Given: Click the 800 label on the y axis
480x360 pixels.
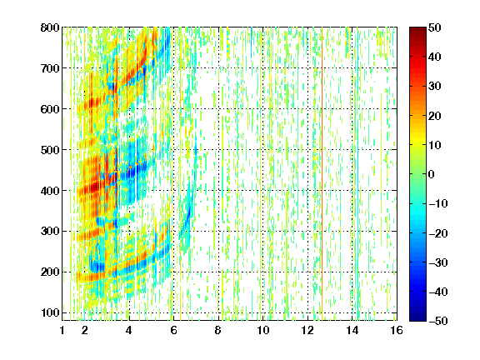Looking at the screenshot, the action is click(50, 27).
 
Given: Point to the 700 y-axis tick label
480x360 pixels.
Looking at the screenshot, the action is click(50, 68).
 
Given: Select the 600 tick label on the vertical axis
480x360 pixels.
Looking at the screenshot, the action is click(50, 109).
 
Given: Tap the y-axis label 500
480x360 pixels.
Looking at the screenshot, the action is click(50, 150).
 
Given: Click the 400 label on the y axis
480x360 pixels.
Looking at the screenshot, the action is click(50, 191).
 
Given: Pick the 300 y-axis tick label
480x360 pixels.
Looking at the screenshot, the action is click(50, 231).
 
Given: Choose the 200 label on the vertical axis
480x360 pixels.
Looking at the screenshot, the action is click(50, 272).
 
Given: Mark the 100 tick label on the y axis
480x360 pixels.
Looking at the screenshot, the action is click(50, 312).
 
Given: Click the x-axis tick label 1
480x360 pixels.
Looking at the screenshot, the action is click(62, 330).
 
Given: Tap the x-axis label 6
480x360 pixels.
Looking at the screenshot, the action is click(173, 330).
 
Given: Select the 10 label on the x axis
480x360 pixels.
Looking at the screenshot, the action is click(263, 330).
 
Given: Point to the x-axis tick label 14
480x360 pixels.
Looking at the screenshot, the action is click(352, 330).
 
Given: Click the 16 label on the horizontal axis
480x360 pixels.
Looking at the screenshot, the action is click(397, 330).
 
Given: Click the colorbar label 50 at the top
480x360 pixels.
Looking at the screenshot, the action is click(435, 27).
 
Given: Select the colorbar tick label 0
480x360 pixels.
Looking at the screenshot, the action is click(432, 174).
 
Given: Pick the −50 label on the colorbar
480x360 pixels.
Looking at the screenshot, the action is click(438, 321).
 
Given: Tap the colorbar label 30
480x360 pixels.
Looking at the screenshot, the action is click(435, 87).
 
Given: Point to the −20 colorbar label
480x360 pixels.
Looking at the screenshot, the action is click(438, 233).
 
